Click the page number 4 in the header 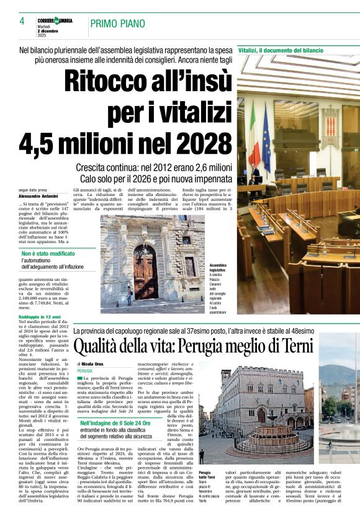[x=22, y=21]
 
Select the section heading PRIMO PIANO [x=118, y=24]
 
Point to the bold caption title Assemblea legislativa [x=217, y=268]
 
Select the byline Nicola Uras [x=92, y=363]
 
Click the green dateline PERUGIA [x=85, y=370]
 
